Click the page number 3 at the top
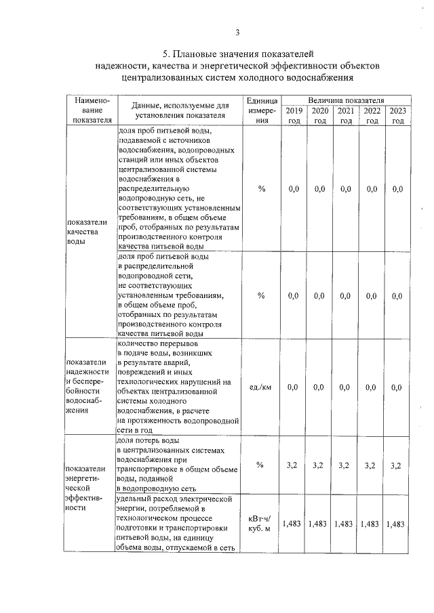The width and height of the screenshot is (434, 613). [x=237, y=32]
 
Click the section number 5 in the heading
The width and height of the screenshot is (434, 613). [x=165, y=54]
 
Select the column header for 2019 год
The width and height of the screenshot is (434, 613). [x=294, y=115]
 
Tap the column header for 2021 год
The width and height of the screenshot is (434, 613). [x=346, y=115]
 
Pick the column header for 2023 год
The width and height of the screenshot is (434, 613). [x=397, y=115]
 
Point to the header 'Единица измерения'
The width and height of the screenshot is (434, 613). [x=262, y=110]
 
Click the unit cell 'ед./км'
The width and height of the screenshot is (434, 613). [x=262, y=387]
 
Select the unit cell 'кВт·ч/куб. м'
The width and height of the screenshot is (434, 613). [x=262, y=523]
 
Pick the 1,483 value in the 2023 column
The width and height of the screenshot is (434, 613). [x=397, y=524]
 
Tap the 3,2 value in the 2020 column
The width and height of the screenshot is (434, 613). [x=319, y=465]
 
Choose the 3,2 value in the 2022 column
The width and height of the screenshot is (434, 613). [x=372, y=465]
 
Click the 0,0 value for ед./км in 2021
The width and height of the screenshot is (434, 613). [x=346, y=387]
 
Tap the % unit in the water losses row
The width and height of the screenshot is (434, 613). [x=262, y=465]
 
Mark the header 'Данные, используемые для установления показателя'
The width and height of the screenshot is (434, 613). [x=178, y=110]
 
